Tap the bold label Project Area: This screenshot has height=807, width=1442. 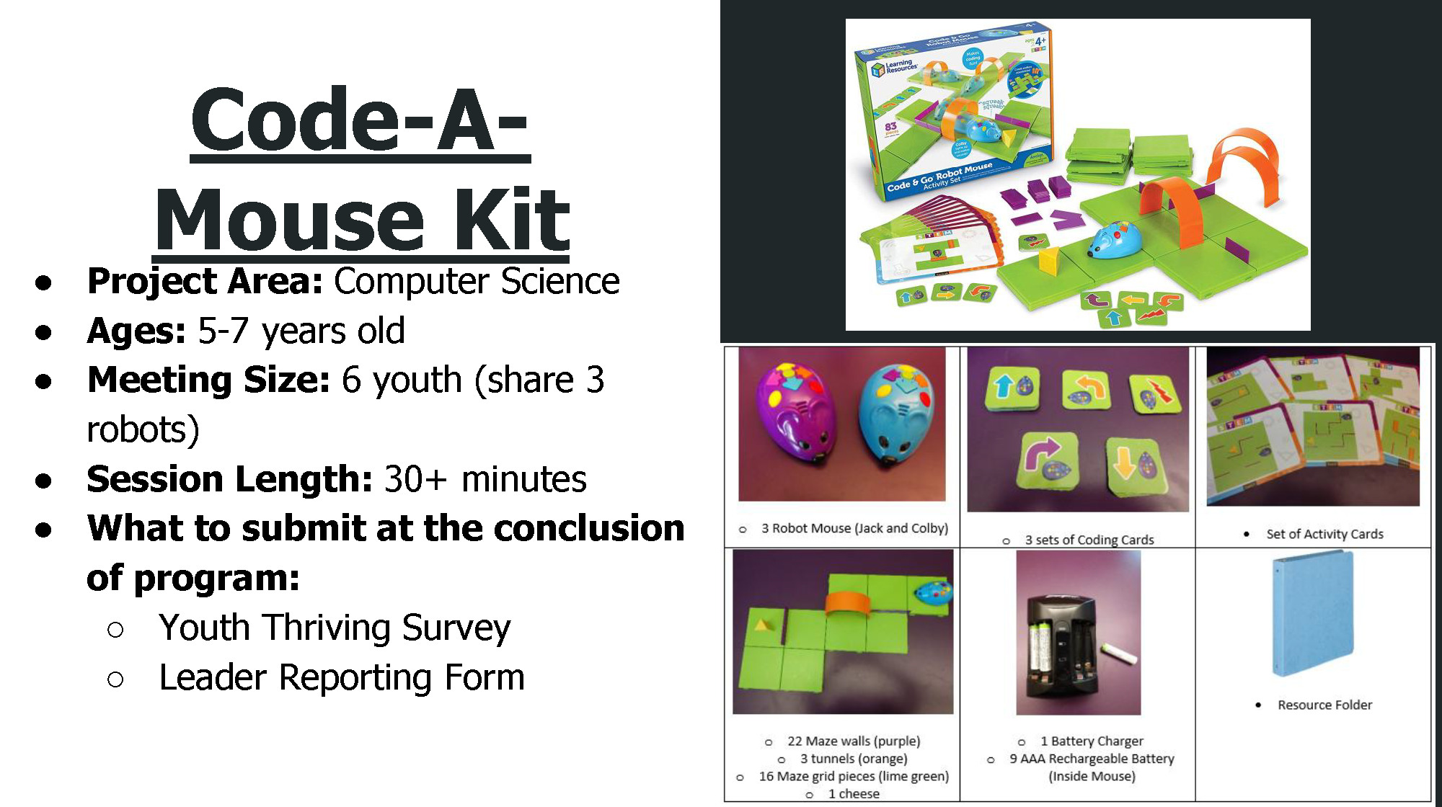pyautogui.click(x=205, y=281)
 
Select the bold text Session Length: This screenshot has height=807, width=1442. pyautogui.click(x=229, y=479)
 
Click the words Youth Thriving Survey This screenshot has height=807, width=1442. pyautogui.click(x=335, y=628)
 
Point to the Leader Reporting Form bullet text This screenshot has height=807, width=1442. pyautogui.click(x=342, y=677)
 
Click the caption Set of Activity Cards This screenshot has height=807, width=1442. pyautogui.click(x=1324, y=534)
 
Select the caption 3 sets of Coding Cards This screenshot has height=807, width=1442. pyautogui.click(x=1089, y=540)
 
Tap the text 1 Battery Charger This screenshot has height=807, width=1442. pyautogui.click(x=1091, y=741)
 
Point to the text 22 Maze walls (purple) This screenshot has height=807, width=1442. pyautogui.click(x=853, y=741)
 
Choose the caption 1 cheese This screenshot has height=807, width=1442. pyautogui.click(x=853, y=793)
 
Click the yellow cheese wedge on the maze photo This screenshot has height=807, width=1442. pyautogui.click(x=762, y=623)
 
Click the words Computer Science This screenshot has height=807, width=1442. pyautogui.click(x=476, y=281)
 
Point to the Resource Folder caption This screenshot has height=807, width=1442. pyautogui.click(x=1324, y=705)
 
